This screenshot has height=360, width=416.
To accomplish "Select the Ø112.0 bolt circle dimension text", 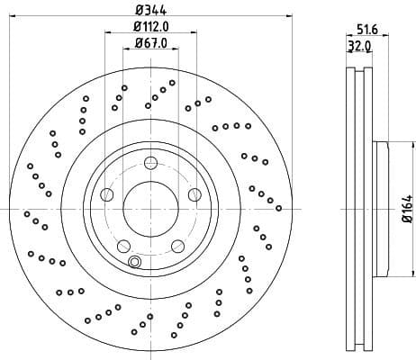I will click(x=149, y=27).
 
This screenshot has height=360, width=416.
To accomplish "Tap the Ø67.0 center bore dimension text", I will click(x=149, y=43).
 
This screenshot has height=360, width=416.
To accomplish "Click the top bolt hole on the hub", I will click(x=149, y=162).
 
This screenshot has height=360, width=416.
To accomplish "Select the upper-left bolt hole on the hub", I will click(x=107, y=194).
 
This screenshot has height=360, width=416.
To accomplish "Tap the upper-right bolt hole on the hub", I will click(x=193, y=194).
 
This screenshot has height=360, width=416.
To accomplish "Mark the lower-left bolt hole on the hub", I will click(x=123, y=245).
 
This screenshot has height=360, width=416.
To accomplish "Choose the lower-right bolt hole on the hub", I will click(x=176, y=245).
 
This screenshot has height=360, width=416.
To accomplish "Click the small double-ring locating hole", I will click(x=134, y=262).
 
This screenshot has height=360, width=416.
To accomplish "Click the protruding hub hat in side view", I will click(x=381, y=209).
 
